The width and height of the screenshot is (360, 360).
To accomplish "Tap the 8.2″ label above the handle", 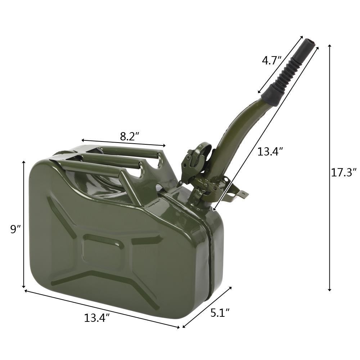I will (130, 136).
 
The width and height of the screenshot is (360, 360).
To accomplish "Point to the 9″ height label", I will (15, 229).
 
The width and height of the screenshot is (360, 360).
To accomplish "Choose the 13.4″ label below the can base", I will (97, 318).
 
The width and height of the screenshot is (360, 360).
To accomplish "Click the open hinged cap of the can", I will (196, 158).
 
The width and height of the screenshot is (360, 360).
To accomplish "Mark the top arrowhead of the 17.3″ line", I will (330, 46).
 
